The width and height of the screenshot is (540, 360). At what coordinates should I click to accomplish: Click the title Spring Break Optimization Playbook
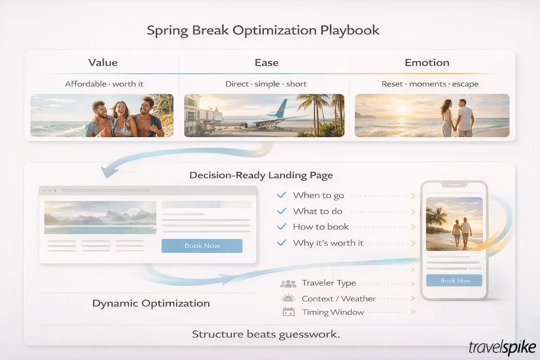point(263,31)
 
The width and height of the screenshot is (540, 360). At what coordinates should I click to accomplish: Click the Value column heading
point(103,63)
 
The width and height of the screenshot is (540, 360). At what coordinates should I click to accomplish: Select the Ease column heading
point(267,63)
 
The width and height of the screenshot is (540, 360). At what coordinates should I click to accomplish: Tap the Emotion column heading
point(427,63)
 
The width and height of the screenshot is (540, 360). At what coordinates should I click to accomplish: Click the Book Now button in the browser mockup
point(202,246)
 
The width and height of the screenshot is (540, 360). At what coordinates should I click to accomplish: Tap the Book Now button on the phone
point(455,280)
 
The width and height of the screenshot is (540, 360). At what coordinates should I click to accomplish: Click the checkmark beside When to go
point(281,195)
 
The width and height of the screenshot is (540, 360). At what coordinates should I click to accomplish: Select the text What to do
point(318,211)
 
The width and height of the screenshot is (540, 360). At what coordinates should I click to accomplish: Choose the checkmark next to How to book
point(281,227)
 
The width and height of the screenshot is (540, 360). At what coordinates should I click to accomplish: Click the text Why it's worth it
point(328,243)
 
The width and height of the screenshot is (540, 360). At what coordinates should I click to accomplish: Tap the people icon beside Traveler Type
point(288,284)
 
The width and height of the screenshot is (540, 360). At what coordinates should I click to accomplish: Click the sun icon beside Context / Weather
point(288,298)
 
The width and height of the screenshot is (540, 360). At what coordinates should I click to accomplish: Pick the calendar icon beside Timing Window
point(288,312)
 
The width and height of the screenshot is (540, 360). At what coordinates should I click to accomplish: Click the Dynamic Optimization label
point(151,303)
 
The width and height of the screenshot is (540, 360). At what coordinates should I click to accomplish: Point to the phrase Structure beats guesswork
point(266,334)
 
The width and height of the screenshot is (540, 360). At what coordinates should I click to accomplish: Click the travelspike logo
point(502,347)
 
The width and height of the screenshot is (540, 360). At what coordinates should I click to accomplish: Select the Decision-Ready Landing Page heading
point(261,175)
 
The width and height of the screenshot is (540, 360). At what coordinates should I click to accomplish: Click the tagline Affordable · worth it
point(104,84)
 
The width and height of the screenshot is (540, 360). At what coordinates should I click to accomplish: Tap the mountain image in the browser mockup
point(100,217)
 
